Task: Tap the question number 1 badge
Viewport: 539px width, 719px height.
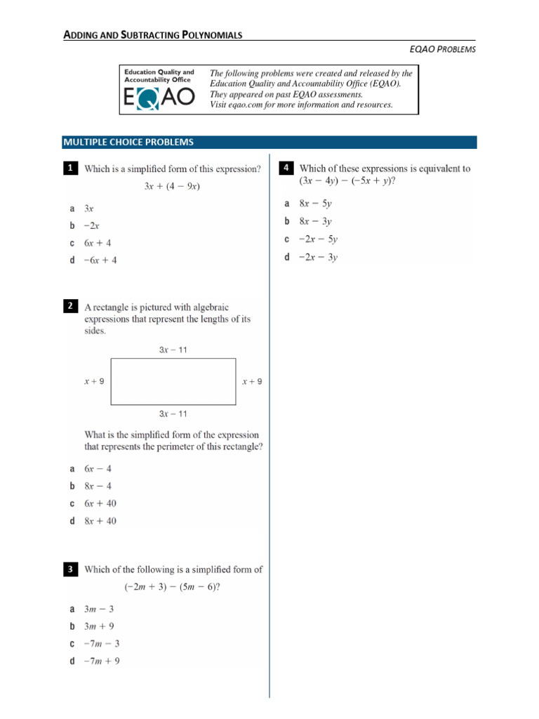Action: point(70,169)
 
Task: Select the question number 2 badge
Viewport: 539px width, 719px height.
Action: point(70,306)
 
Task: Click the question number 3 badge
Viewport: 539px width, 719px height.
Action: point(70,571)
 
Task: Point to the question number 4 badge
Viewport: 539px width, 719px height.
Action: point(286,168)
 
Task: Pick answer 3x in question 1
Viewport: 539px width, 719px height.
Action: point(89,209)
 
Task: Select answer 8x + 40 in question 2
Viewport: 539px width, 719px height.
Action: point(100,521)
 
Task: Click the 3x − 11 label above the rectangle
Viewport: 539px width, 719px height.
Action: point(173,349)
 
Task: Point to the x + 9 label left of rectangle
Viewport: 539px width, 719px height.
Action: point(94,381)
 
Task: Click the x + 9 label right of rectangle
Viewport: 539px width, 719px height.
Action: point(252,381)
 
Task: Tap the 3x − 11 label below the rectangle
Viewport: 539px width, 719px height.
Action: point(173,414)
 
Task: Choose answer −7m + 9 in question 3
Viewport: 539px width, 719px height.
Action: point(102,661)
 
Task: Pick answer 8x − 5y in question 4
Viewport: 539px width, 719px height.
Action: point(315,204)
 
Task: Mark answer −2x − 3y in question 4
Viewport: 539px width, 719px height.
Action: point(318,257)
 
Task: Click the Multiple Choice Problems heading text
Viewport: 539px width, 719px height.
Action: point(128,142)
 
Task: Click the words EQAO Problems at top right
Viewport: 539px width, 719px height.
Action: point(442,49)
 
